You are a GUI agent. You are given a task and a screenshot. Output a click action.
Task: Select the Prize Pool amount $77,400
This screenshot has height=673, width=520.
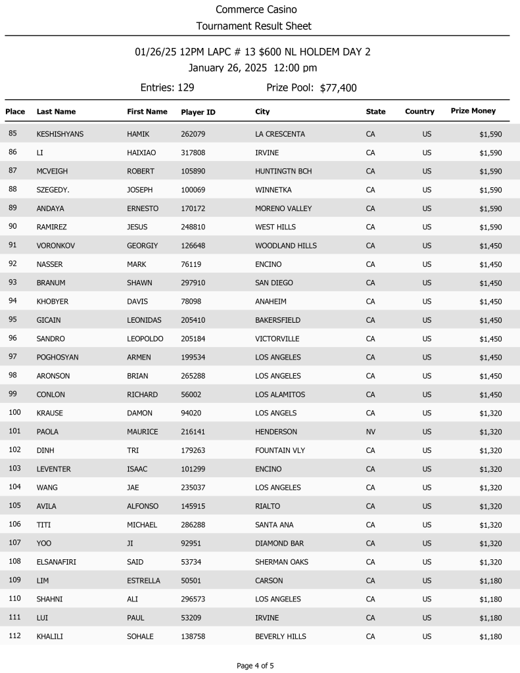click(338, 88)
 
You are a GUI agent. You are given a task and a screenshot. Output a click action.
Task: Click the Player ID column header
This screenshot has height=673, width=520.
click(198, 112)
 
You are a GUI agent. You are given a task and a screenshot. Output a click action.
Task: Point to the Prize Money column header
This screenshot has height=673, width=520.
click(473, 111)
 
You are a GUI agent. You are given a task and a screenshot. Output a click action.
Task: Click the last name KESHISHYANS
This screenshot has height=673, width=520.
click(60, 134)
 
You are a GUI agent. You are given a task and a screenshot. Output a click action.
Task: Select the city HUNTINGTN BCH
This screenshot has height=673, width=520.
click(283, 172)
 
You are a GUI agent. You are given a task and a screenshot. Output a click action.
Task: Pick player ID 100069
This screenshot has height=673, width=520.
click(193, 190)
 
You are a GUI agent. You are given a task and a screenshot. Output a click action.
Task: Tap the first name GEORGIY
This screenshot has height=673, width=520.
click(142, 246)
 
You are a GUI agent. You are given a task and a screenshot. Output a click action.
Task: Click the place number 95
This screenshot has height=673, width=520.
click(12, 320)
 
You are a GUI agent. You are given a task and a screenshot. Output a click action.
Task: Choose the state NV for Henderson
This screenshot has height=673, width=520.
click(370, 432)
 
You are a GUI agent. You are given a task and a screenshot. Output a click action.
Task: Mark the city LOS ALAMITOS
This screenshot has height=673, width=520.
click(280, 395)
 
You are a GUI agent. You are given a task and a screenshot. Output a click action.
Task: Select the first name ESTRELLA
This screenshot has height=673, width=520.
click(143, 581)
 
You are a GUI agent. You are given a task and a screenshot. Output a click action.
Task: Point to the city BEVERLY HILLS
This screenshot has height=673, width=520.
click(281, 637)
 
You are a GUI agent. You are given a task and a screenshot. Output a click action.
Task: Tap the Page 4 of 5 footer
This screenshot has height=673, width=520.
click(255, 666)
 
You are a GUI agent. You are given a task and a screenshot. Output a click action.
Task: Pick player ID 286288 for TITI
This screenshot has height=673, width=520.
click(193, 525)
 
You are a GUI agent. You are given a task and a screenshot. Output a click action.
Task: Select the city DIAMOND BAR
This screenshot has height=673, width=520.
click(279, 544)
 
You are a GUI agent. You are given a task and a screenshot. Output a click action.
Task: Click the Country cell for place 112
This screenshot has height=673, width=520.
click(427, 637)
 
